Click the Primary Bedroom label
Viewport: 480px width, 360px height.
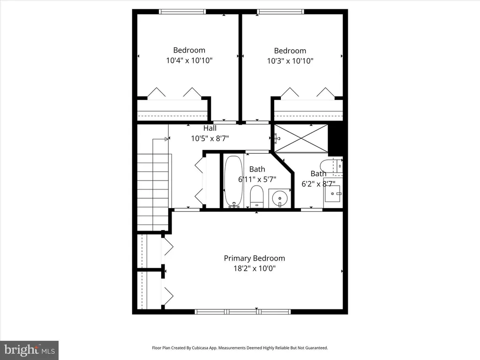click(x=255, y=258)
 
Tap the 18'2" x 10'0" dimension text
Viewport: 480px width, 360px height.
click(x=255, y=269)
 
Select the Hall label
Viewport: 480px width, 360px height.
click(x=210, y=128)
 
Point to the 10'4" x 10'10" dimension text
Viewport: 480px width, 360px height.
click(x=189, y=60)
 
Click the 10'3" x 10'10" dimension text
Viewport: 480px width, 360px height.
click(x=290, y=61)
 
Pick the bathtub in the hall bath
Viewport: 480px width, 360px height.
click(x=233, y=182)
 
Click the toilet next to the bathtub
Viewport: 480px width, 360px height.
click(x=257, y=196)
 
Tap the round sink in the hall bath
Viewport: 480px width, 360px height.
click(x=280, y=198)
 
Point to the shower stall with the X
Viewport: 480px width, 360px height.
click(x=301, y=138)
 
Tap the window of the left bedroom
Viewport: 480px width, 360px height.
click(x=182, y=12)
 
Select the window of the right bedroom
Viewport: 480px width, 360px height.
click(x=281, y=12)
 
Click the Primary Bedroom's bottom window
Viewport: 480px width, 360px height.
click(x=243, y=312)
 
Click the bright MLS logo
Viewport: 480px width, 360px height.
click(x=29, y=350)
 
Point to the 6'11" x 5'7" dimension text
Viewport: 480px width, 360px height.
click(x=257, y=180)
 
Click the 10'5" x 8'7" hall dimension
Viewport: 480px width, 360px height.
click(x=210, y=139)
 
